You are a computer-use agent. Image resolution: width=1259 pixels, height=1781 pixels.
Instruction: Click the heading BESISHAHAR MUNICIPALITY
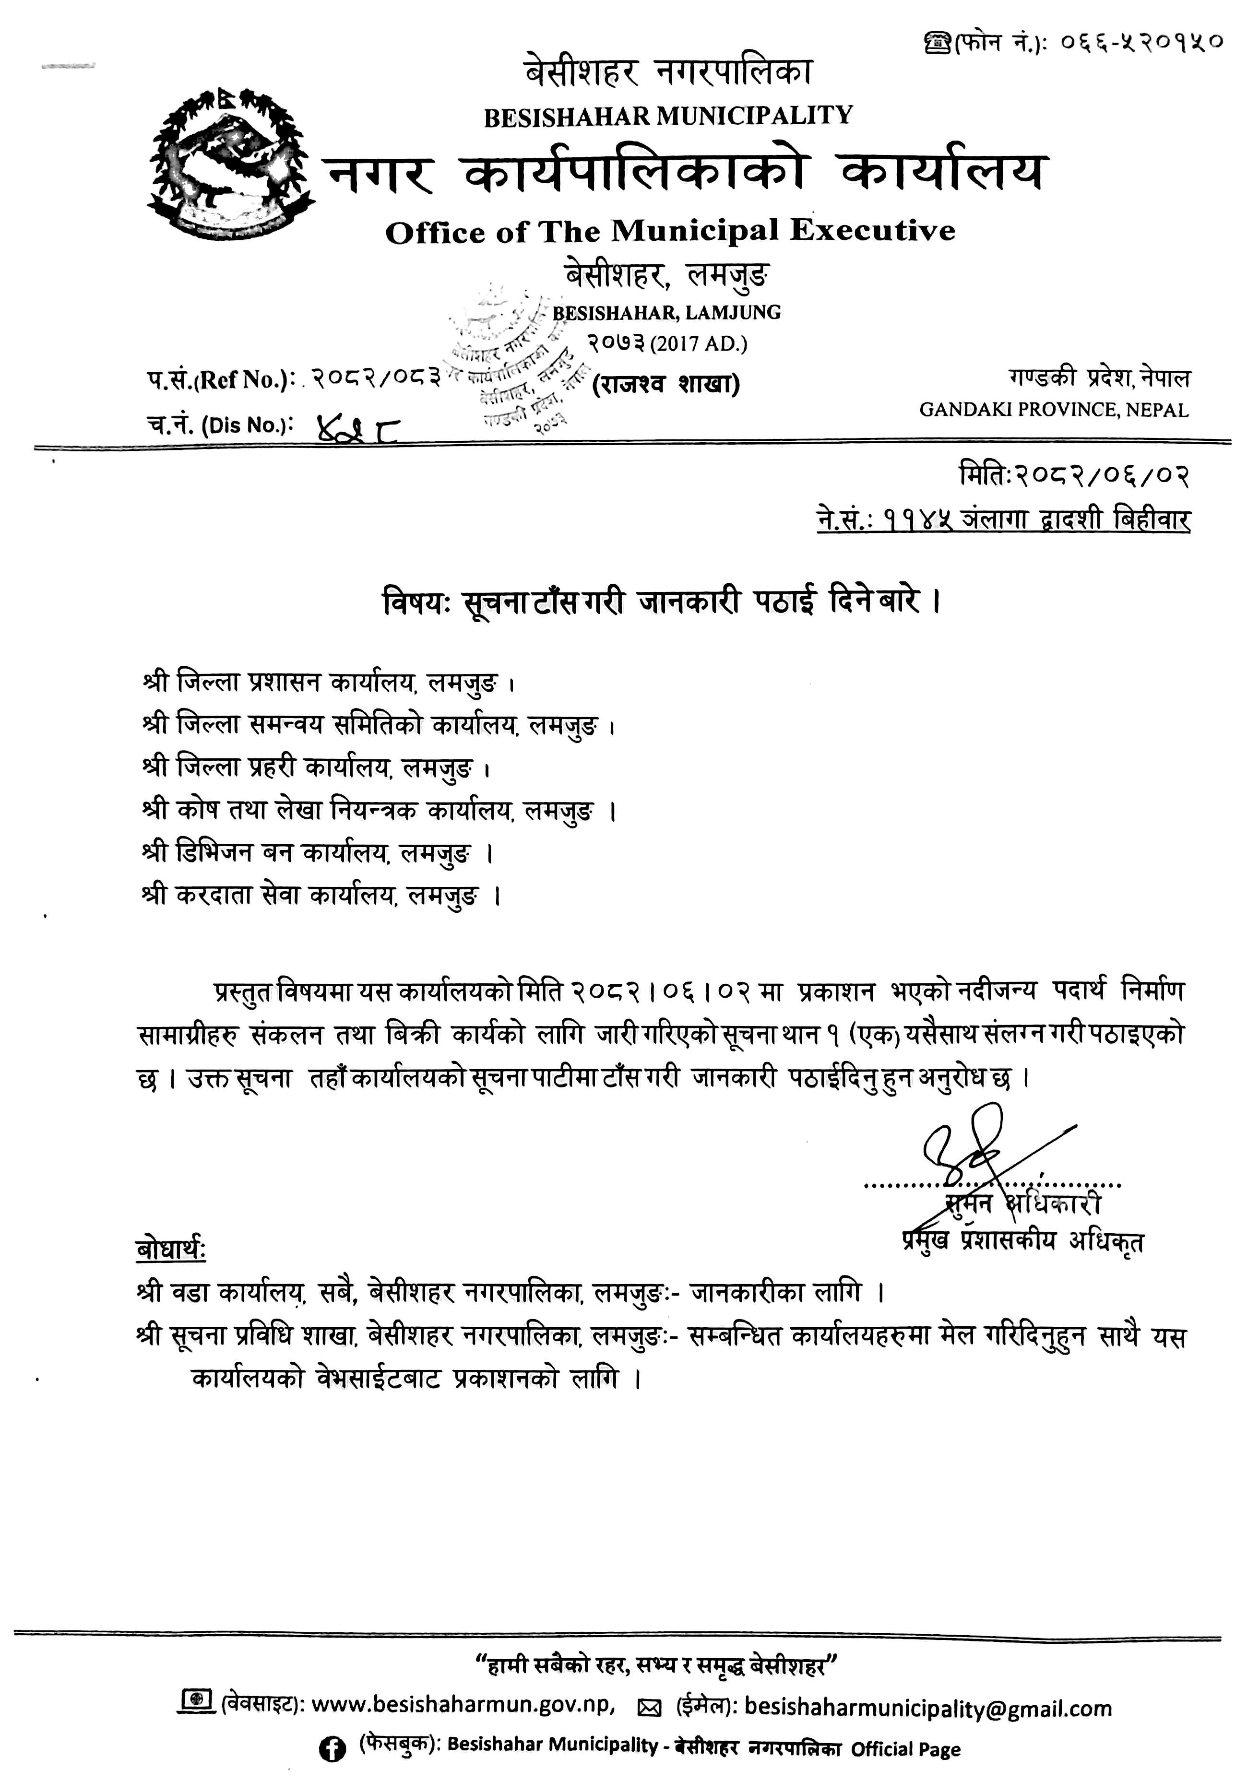pos(668,117)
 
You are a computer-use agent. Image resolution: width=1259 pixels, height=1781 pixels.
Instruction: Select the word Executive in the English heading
pos(873,230)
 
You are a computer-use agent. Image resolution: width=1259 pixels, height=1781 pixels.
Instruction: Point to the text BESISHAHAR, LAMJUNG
pos(666,313)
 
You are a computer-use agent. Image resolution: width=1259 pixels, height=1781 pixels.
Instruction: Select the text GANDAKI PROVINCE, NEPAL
pos(1054,410)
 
